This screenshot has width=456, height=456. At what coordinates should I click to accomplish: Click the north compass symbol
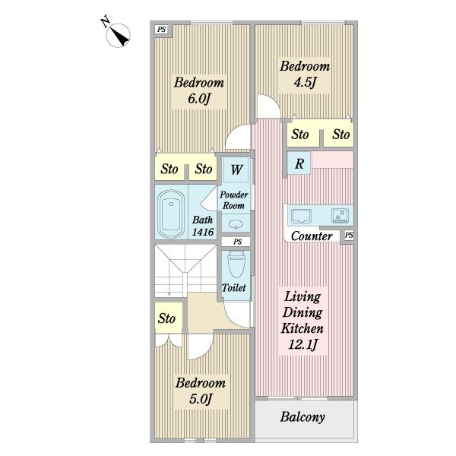(118, 35)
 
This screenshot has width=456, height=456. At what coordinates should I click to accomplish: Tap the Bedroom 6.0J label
(199, 90)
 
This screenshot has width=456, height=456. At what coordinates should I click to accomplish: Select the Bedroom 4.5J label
(305, 74)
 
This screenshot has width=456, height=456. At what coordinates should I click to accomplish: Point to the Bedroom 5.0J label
(201, 391)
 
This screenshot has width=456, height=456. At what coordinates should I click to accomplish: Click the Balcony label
(302, 416)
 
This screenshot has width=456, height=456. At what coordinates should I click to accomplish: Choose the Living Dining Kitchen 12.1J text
(302, 321)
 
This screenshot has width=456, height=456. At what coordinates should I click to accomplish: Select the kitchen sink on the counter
(301, 216)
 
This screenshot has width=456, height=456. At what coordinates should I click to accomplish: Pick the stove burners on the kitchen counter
(340, 216)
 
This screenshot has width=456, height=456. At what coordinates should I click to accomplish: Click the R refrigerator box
(299, 163)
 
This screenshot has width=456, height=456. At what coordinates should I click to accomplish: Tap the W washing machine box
(236, 169)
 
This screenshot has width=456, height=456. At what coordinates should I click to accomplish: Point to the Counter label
(312, 236)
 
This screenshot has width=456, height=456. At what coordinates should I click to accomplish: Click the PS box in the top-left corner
(161, 30)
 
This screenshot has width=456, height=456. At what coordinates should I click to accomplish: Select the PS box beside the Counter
(349, 235)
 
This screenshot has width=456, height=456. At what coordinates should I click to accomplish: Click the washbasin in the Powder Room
(236, 224)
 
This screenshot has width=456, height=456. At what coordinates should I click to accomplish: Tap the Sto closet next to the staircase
(169, 318)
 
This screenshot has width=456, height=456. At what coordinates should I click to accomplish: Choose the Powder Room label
(234, 200)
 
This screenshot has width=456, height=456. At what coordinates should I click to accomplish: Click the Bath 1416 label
(203, 226)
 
